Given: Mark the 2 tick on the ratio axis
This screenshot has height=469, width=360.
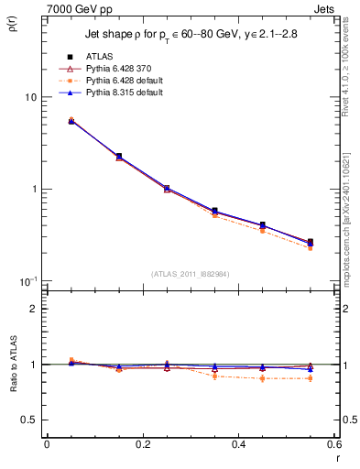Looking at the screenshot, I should (x=33, y=309).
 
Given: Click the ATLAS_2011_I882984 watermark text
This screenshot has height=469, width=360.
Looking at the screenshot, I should (x=190, y=274).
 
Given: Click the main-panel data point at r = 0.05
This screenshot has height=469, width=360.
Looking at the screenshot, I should (x=71, y=121).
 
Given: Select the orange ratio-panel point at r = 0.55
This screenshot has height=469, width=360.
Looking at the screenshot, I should (x=310, y=378).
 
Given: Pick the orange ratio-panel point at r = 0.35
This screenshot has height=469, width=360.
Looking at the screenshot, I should (x=214, y=376).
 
